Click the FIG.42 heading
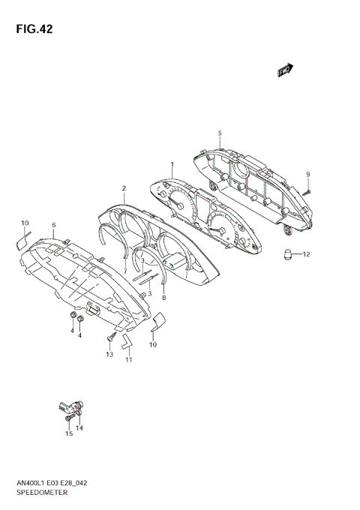34,29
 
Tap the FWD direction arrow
285,70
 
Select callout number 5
220,133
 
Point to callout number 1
172,164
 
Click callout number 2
124,188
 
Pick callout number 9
308,175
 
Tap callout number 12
306,254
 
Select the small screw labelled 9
307,193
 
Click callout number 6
54,225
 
